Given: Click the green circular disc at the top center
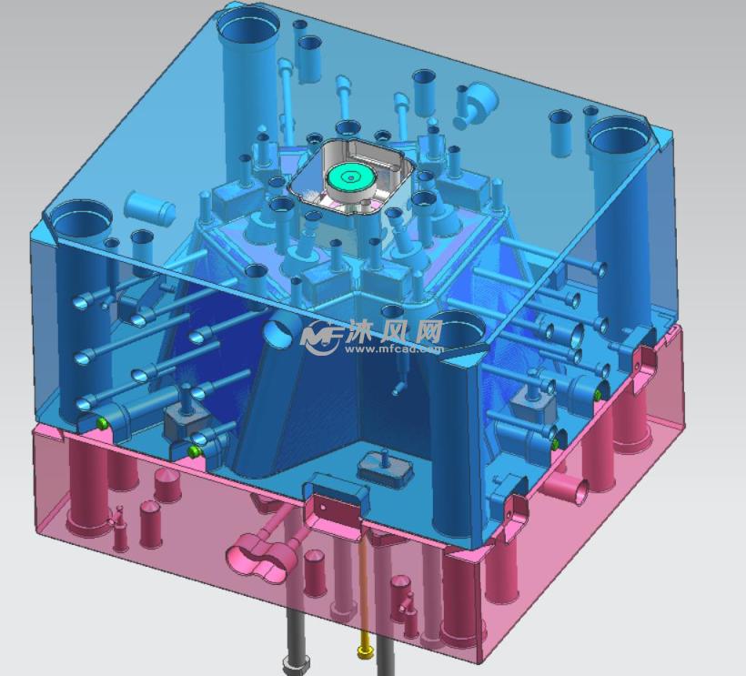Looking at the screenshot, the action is [350, 179].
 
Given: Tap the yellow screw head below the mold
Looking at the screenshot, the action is [365, 651].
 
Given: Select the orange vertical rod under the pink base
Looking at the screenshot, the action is [365, 586].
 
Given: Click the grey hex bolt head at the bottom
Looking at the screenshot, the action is [296, 663].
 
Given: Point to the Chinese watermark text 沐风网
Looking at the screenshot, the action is [396, 330].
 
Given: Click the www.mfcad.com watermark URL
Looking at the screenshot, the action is [395, 348].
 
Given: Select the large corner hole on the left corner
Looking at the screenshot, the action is [80, 220].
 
